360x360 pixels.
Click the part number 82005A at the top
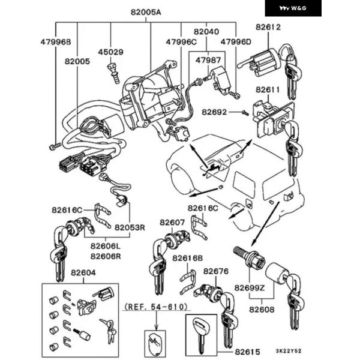146,12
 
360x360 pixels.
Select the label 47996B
56,42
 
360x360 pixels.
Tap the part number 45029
110,52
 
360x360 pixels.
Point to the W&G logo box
293,8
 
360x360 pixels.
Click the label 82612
268,27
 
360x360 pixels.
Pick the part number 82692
214,112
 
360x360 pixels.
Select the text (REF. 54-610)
156,307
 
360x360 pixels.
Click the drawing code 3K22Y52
289,351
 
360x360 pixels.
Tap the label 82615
247,352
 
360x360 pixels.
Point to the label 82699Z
250,288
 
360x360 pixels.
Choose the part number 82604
83,273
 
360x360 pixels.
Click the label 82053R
130,227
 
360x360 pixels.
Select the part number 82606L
106,246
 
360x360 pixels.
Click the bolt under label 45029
113,73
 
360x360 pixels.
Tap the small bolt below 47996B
55,146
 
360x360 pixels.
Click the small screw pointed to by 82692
245,113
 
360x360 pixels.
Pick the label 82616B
188,258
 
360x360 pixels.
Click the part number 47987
208,60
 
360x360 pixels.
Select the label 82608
262,310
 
